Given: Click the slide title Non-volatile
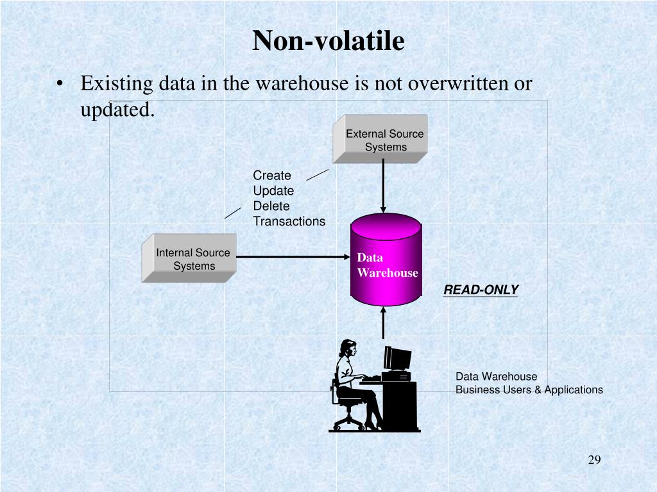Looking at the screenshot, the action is [x=328, y=41].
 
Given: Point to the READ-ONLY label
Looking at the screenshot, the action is [x=481, y=290].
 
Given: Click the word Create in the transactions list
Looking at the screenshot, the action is [x=272, y=176].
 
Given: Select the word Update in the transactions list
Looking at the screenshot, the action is [x=273, y=191].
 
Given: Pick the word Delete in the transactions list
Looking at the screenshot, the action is [x=271, y=206].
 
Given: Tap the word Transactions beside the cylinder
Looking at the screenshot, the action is [x=289, y=222].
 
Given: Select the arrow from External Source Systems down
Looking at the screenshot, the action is [x=384, y=186].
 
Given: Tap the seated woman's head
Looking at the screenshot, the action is [x=349, y=349].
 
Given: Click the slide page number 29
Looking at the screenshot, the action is [x=593, y=461].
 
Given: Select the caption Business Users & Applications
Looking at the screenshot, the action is [x=529, y=389].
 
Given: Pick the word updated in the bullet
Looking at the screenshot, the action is [x=116, y=110].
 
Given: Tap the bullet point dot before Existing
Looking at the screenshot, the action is [x=60, y=85].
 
